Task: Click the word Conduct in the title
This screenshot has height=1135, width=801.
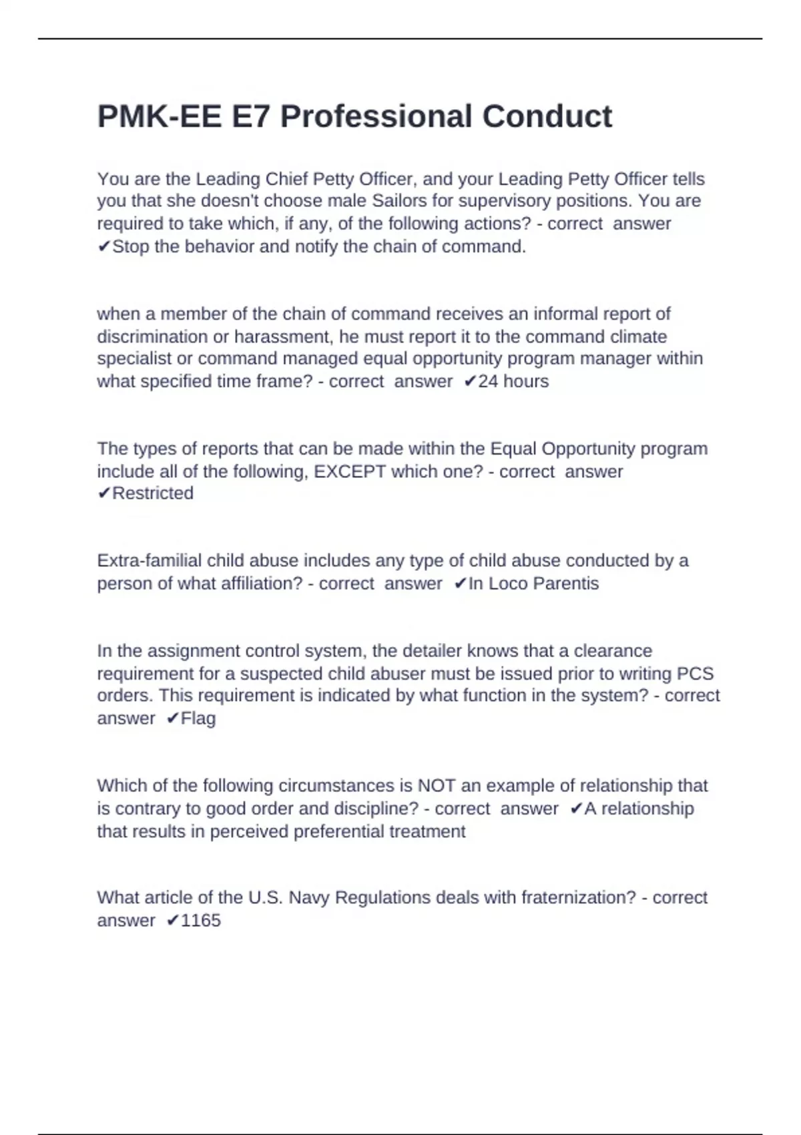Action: (x=547, y=117)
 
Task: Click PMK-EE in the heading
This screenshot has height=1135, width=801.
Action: (x=159, y=117)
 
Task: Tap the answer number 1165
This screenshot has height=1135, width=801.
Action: (x=200, y=921)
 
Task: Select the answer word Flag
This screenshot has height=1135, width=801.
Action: (x=198, y=718)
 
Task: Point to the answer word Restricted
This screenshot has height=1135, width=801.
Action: (x=153, y=493)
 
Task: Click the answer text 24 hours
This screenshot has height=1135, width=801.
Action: (x=513, y=381)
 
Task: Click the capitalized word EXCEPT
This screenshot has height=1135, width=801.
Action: (x=350, y=471)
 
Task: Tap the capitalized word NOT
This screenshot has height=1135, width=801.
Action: (x=432, y=786)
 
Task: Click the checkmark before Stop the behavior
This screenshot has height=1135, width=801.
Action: (x=103, y=247)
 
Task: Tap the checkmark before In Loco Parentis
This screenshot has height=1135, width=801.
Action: (x=459, y=584)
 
